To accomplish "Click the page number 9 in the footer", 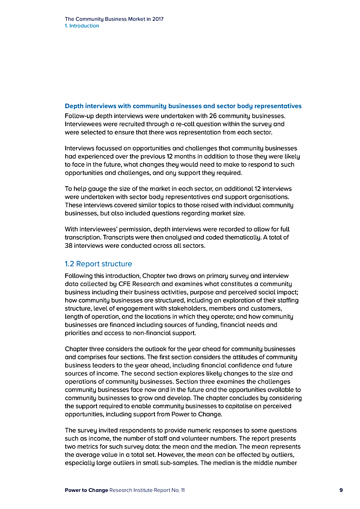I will click(x=341, y=490).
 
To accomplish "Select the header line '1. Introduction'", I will click(x=82, y=26).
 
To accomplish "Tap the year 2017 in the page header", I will click(x=157, y=19).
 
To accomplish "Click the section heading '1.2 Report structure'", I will click(x=99, y=263).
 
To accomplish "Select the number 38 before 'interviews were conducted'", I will click(x=69, y=246).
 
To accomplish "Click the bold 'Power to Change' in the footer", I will click(x=86, y=490).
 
